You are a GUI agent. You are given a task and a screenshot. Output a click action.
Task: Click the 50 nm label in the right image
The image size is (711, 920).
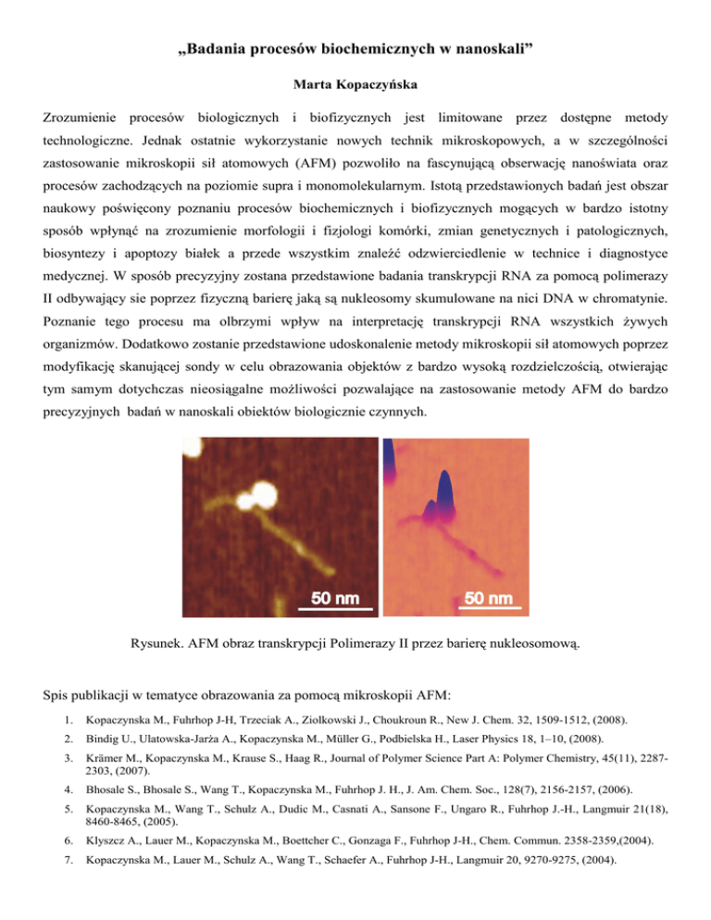(x=488, y=598)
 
